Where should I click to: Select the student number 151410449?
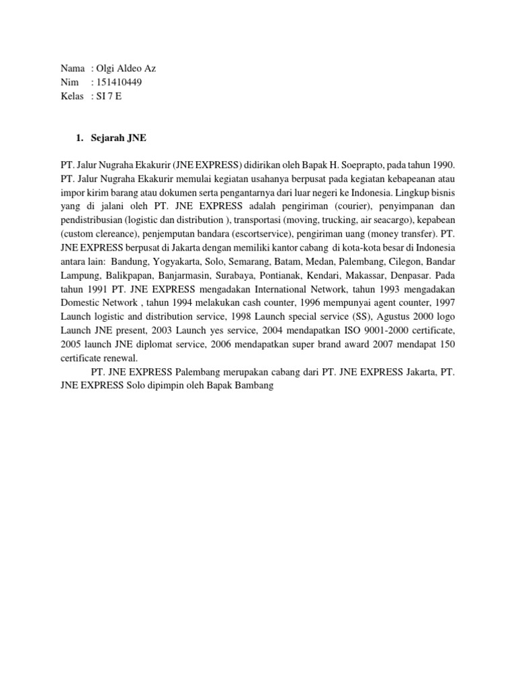coord(120,82)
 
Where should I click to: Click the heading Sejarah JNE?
coord(118,138)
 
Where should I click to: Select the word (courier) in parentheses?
coord(361,206)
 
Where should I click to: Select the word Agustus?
coord(380,316)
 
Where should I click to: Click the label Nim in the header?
coord(69,82)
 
